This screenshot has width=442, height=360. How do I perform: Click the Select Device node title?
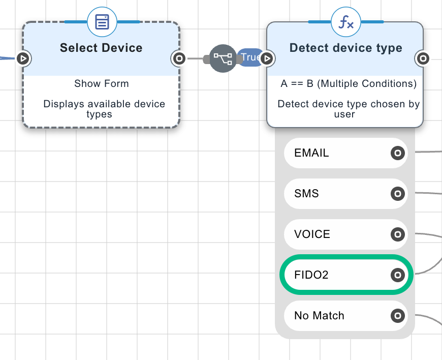tap(101, 48)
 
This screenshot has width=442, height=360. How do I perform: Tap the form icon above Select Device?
tap(102, 22)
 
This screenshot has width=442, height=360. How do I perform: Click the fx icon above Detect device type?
tap(346, 22)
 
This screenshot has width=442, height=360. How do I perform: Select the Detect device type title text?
tap(345, 48)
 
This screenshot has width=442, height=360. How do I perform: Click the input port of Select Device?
tap(22, 58)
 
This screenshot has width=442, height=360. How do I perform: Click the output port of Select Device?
tap(178, 58)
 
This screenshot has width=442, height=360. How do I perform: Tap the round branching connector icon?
tap(223, 58)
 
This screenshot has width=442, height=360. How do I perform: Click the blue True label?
tap(251, 57)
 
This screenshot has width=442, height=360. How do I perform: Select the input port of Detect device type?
tap(267, 58)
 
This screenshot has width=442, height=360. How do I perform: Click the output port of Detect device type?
tap(423, 58)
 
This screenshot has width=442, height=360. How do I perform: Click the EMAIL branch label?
tap(311, 153)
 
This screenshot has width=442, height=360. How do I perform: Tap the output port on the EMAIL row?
tap(398, 153)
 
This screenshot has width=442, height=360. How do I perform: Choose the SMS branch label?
tap(306, 194)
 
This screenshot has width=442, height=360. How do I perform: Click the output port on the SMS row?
tap(398, 194)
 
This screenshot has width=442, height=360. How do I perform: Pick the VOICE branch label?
tap(312, 234)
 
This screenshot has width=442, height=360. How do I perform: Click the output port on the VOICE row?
tap(398, 234)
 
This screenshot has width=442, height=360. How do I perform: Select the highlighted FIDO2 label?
tap(311, 275)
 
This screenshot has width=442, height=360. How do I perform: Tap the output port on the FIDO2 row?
tap(398, 275)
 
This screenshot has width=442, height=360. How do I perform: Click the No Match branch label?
tap(319, 316)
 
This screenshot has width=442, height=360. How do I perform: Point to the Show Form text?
tap(102, 84)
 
